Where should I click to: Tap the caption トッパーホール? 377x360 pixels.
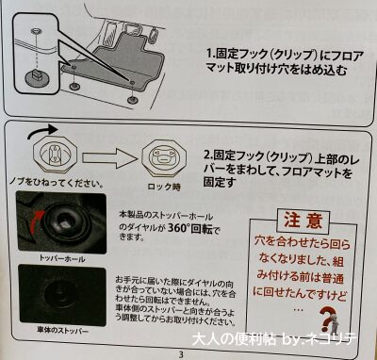[62, 256]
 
